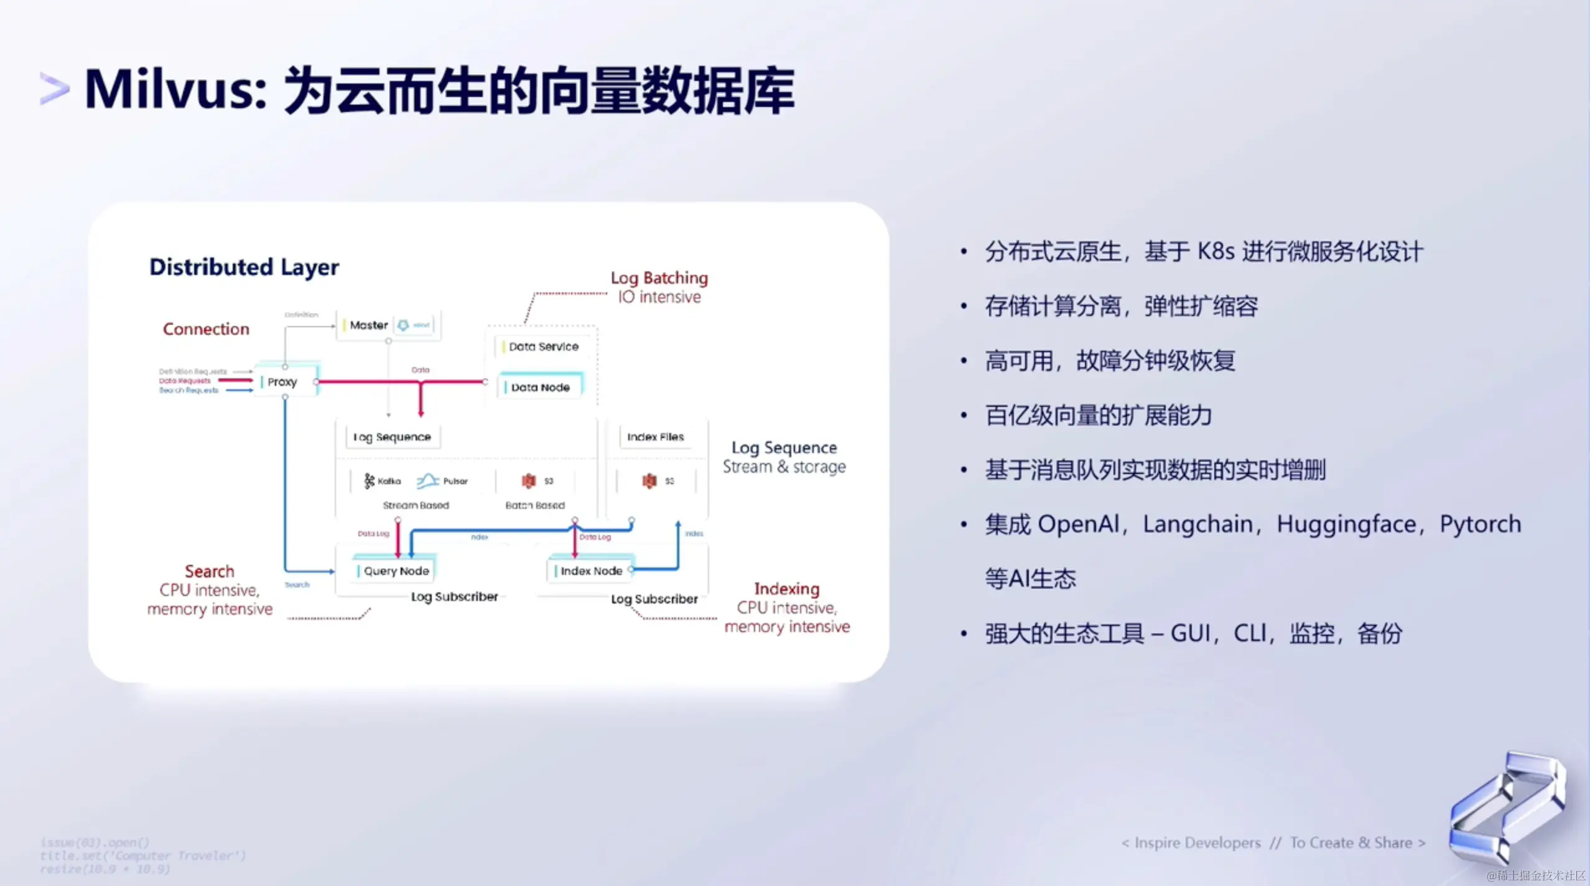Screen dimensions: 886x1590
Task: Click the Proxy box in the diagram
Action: (283, 381)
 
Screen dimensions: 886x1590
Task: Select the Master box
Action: (369, 325)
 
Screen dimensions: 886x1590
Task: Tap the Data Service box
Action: (543, 347)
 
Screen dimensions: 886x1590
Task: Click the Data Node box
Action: (540, 387)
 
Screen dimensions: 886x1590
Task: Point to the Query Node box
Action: (396, 571)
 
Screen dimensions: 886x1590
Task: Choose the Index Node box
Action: (591, 571)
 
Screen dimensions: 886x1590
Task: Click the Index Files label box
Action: (655, 437)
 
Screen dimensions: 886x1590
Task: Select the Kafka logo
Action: (370, 480)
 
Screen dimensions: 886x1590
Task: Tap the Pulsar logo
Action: (428, 480)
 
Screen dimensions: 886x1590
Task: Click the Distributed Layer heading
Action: (244, 267)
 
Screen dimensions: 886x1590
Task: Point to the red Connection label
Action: (206, 329)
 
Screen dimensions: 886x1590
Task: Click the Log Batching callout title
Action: (659, 277)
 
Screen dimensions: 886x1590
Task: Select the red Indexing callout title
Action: (786, 589)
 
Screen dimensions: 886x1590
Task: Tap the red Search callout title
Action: (209, 571)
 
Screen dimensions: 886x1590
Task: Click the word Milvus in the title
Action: (175, 90)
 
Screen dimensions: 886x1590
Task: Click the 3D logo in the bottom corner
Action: (1508, 806)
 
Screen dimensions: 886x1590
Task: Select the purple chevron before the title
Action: (54, 89)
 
